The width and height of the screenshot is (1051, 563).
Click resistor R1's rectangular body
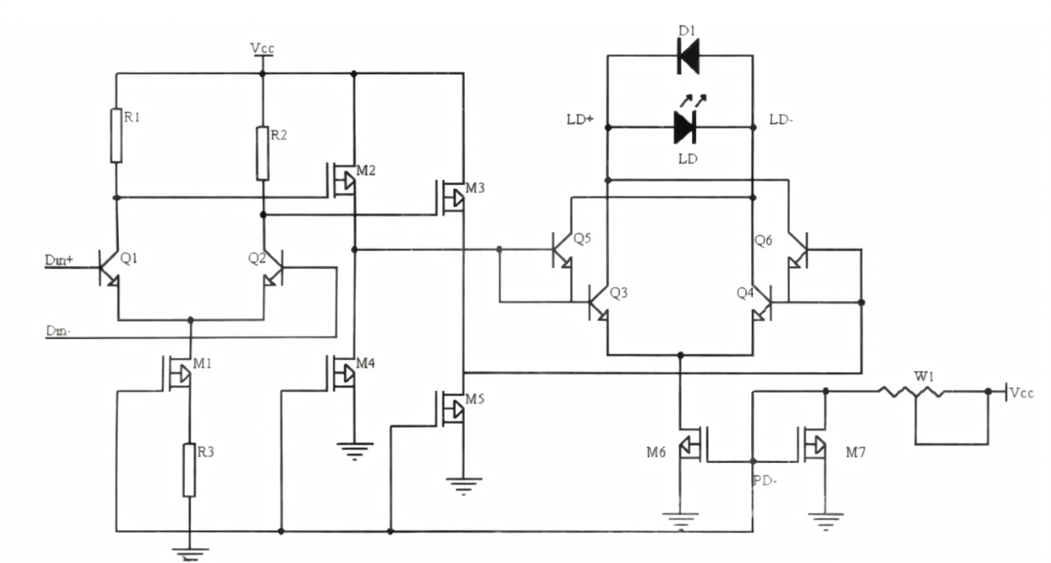point(116,135)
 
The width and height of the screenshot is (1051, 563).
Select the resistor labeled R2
point(263,153)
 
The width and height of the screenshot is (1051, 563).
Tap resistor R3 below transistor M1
point(189,469)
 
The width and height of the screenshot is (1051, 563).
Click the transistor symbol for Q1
point(109,266)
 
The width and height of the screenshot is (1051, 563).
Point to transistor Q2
point(272,266)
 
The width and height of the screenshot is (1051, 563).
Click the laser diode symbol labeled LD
point(686,126)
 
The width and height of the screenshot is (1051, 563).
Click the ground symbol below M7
point(825,521)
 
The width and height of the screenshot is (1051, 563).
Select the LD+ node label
point(580,120)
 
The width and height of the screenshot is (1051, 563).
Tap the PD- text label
point(764,481)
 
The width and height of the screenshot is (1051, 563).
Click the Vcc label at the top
point(262,48)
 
